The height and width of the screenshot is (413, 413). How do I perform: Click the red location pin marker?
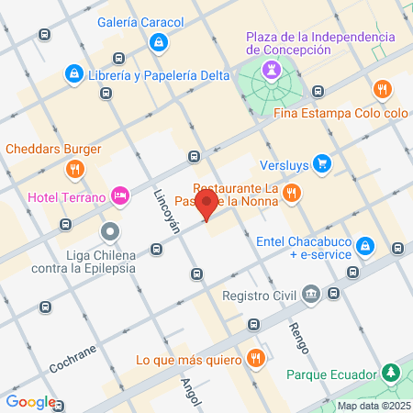207,205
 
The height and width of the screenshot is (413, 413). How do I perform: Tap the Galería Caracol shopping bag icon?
160,41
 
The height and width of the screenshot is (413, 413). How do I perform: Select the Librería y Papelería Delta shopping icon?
73,72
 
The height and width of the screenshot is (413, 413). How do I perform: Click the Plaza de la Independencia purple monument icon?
269,68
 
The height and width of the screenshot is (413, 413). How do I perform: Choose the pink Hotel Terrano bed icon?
119,195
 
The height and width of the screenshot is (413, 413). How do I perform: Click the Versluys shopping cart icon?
321,164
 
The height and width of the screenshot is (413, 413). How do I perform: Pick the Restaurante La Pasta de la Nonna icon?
291,192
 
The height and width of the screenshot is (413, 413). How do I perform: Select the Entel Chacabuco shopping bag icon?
365,245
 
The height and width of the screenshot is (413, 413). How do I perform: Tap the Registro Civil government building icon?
310,295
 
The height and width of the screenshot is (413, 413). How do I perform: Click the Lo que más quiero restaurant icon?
258,359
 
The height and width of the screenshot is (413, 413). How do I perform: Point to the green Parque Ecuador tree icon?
392,374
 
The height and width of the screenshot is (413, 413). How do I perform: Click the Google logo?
30,402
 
